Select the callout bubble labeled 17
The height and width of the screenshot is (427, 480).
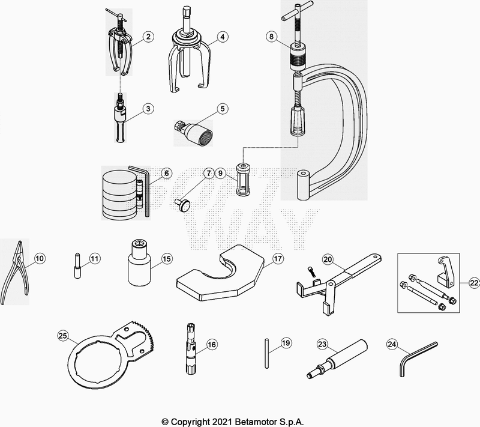[278, 259]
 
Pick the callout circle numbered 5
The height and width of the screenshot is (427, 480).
[223, 109]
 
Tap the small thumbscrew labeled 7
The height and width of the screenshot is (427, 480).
[182, 205]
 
